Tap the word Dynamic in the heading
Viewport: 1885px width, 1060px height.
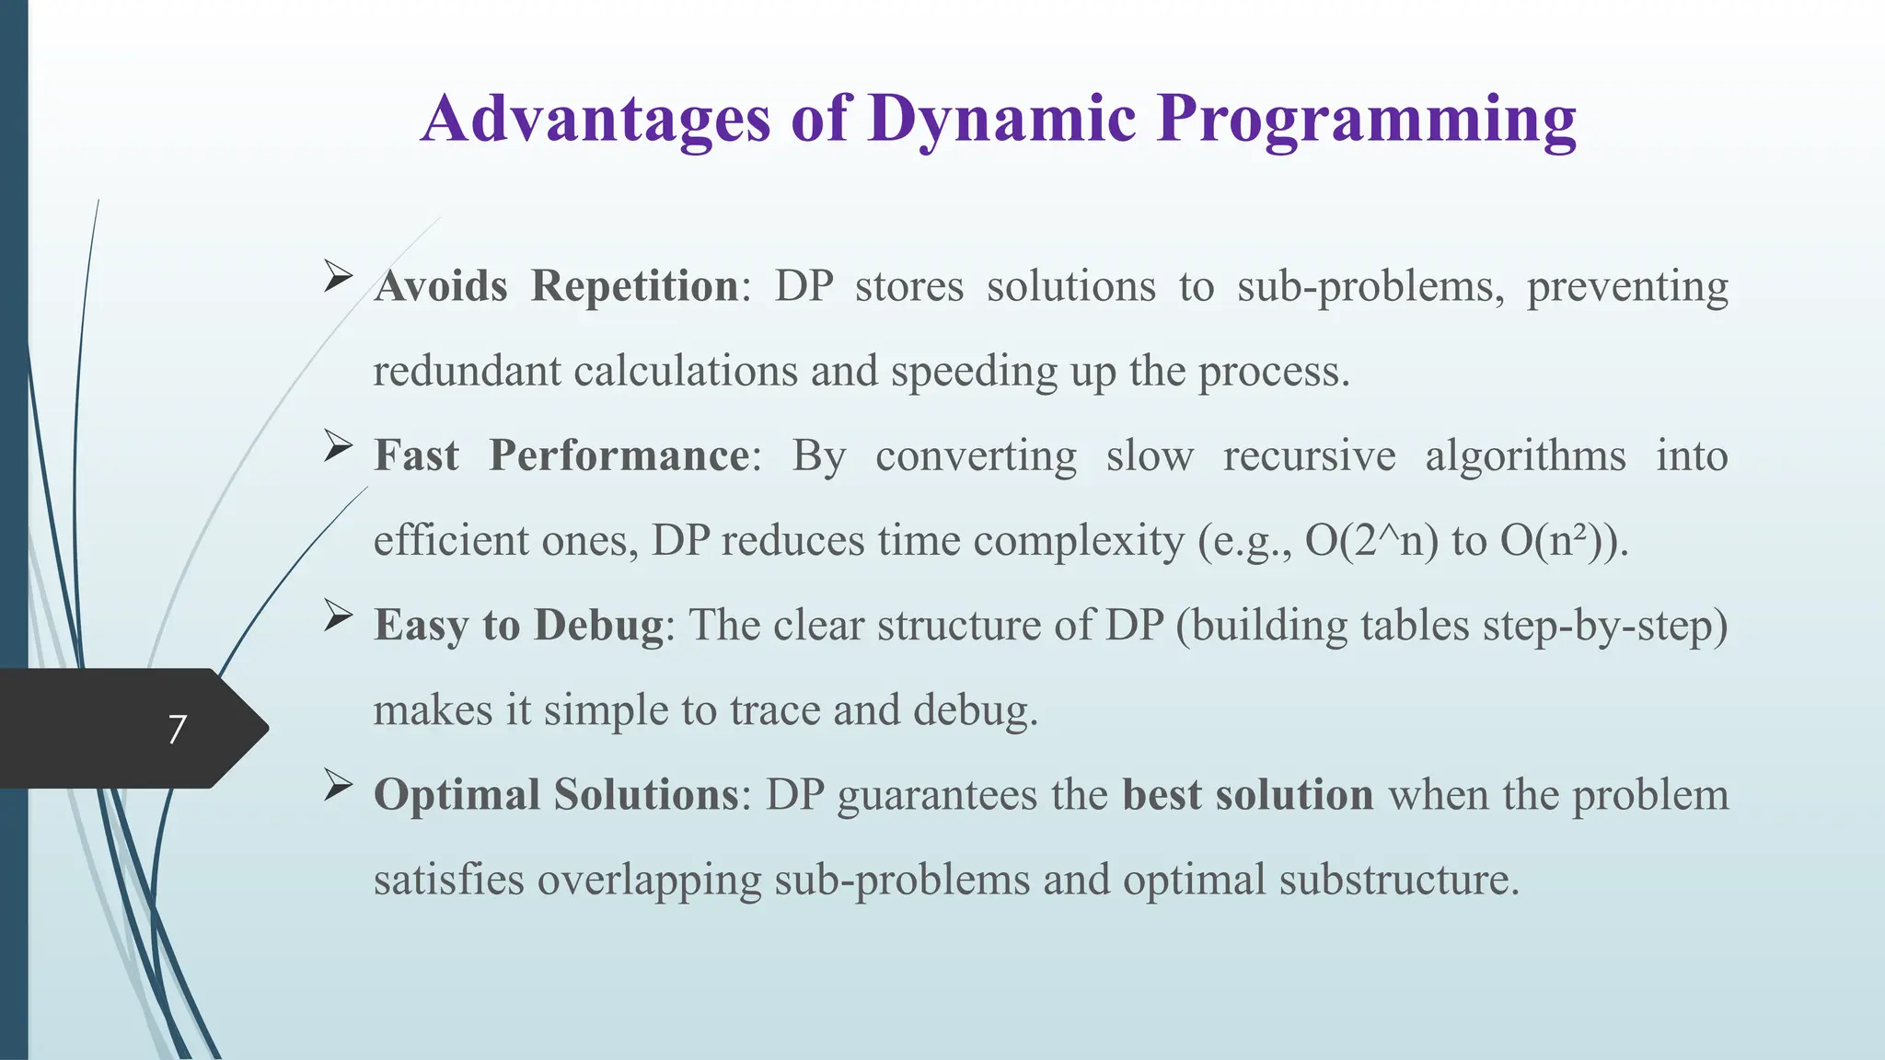point(1001,120)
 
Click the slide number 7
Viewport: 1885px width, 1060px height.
point(178,730)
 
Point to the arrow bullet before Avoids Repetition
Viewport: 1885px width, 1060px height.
point(339,277)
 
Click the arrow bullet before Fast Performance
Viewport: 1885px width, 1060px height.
point(339,447)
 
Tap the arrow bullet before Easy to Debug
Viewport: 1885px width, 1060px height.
point(339,616)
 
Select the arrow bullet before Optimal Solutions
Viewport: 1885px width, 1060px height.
point(339,786)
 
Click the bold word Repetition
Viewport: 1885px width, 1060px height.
point(634,286)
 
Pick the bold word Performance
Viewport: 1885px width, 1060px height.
point(619,455)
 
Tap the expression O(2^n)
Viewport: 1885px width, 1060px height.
point(1370,541)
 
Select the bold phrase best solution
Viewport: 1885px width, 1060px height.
point(1247,795)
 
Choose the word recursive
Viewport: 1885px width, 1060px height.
point(1308,456)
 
